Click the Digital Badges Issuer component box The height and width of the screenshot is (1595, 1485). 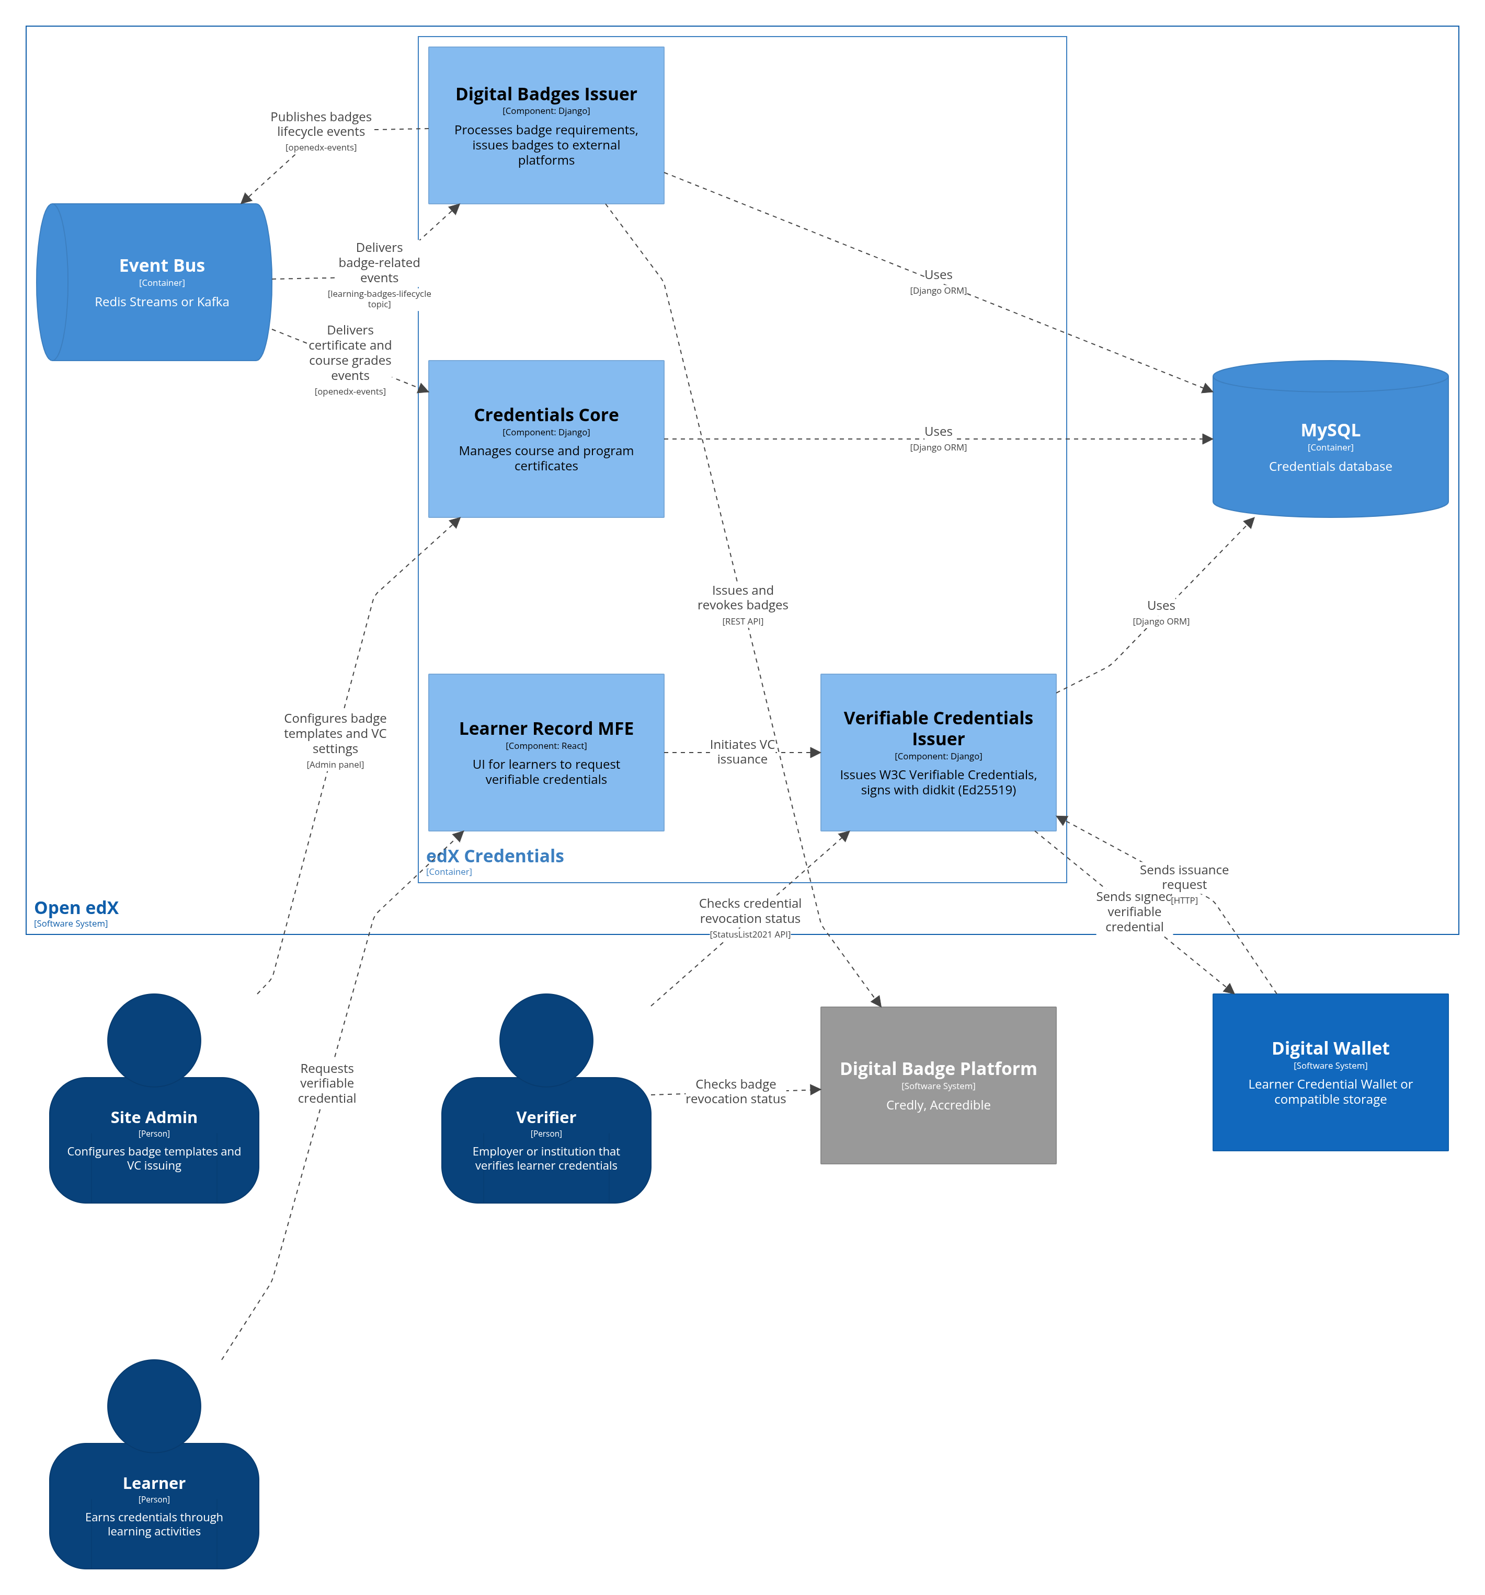(546, 125)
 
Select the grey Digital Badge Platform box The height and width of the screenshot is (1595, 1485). (938, 1085)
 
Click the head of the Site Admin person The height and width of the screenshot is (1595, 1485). (154, 1040)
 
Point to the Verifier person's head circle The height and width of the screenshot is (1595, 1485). (546, 1040)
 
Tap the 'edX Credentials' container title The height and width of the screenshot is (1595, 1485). (495, 856)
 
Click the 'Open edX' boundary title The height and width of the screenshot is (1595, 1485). (76, 907)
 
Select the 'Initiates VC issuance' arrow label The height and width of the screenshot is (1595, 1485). (741, 752)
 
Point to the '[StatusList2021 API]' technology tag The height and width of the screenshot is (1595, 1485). (750, 934)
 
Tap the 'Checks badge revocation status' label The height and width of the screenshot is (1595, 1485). (735, 1091)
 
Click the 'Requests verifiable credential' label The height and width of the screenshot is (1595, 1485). (327, 1083)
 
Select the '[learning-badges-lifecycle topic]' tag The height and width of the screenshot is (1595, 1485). (379, 298)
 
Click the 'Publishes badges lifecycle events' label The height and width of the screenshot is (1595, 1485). (321, 124)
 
